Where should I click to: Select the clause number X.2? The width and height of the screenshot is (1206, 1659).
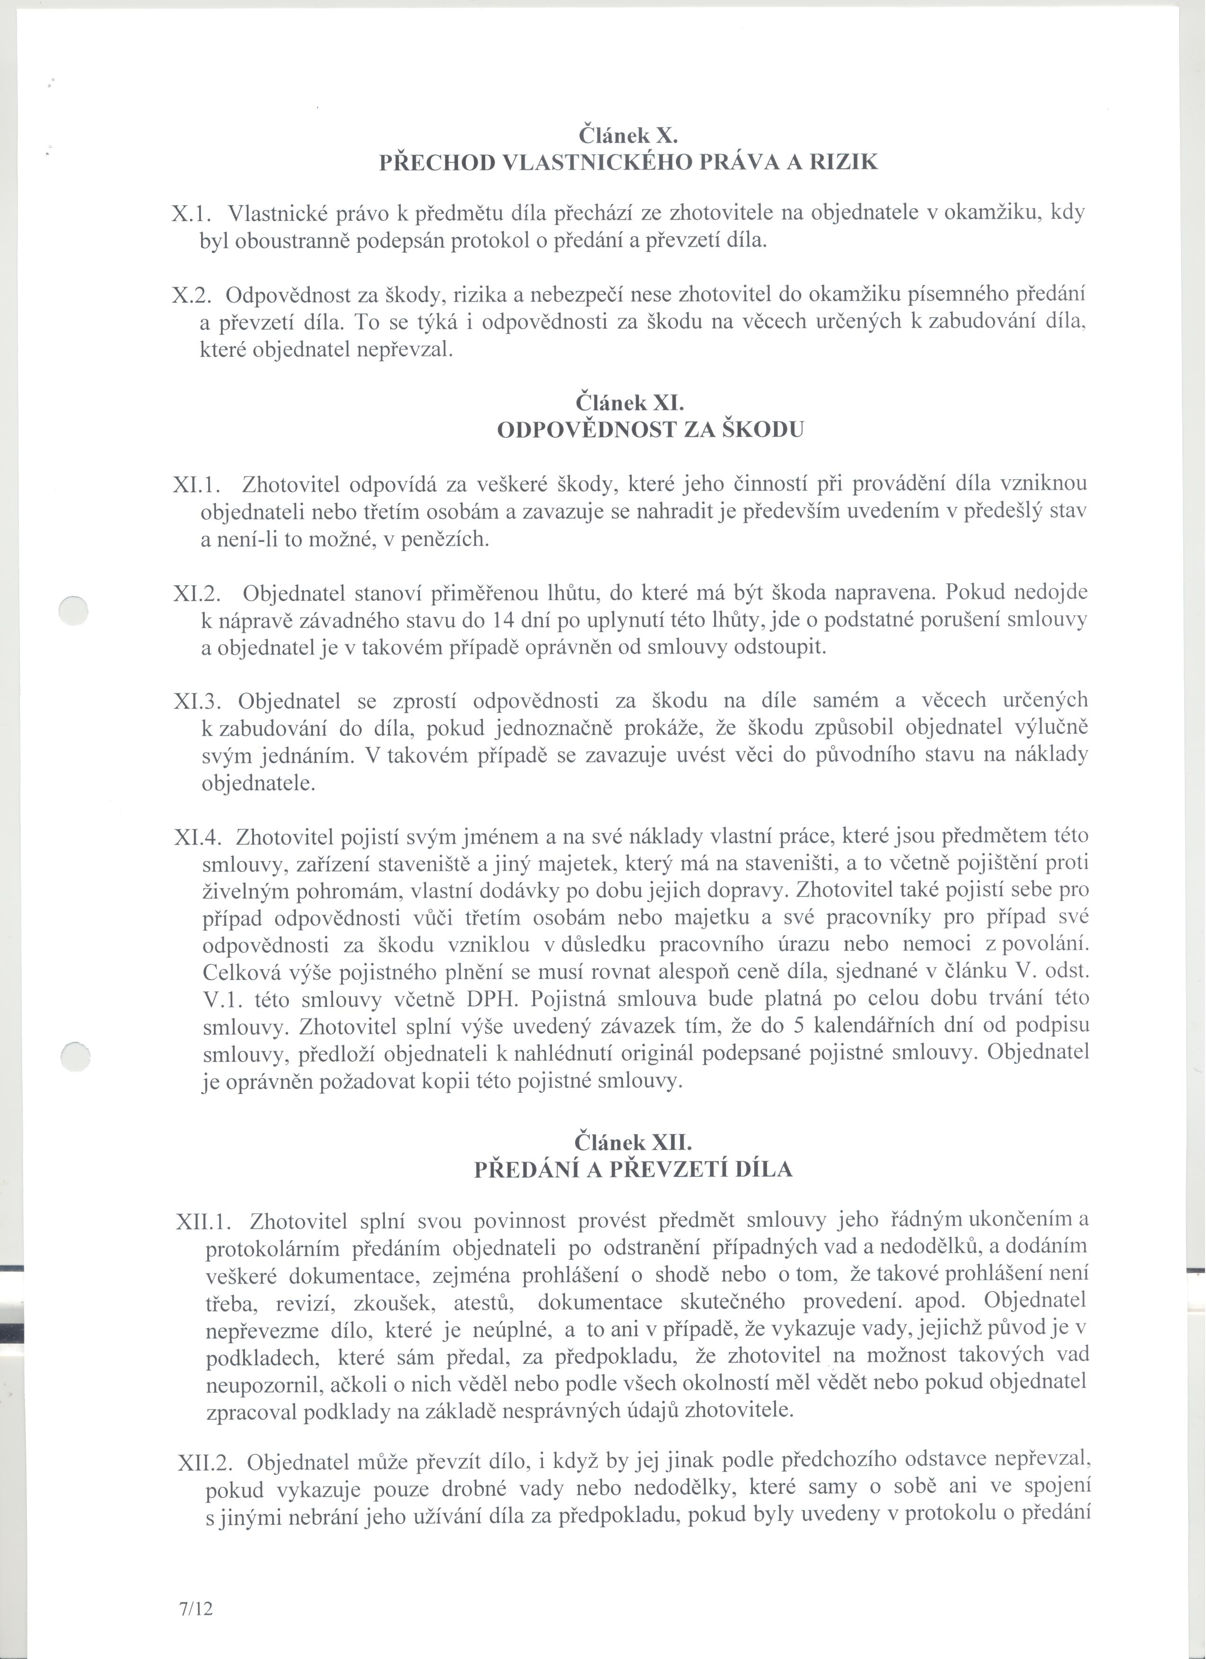192,295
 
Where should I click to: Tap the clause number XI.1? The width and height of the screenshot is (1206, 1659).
197,484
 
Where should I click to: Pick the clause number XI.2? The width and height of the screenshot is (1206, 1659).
198,593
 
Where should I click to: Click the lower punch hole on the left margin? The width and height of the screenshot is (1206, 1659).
75,1058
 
